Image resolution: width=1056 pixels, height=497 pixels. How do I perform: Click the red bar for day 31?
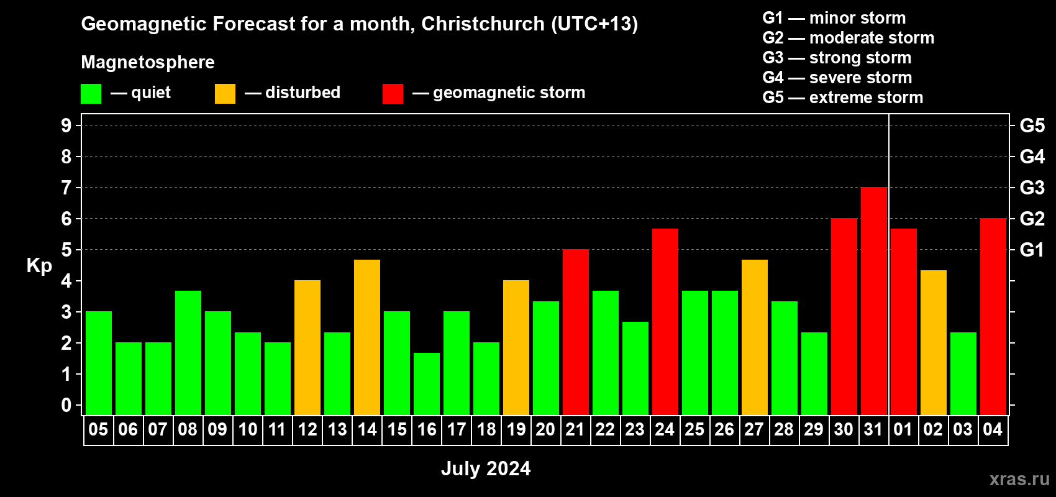(874, 301)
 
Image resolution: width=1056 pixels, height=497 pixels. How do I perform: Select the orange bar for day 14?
(367, 337)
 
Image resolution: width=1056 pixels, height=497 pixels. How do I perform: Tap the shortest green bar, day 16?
(427, 384)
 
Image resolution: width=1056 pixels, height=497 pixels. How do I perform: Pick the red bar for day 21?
(576, 332)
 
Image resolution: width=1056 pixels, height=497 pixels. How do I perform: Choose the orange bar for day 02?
(934, 342)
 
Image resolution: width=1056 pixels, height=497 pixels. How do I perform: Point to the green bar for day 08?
(188, 353)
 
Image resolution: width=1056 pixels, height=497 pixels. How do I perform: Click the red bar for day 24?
(665, 322)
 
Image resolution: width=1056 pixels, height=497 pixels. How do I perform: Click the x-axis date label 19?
(516, 429)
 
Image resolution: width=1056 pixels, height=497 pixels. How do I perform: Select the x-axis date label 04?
(993, 429)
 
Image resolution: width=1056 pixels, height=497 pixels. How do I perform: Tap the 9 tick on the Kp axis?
(66, 125)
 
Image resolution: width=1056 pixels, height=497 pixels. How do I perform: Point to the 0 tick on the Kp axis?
(66, 405)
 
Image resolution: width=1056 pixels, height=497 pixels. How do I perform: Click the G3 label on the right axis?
(1032, 188)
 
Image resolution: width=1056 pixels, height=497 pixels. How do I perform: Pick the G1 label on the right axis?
(1032, 250)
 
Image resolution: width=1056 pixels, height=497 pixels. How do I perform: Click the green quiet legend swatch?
(91, 93)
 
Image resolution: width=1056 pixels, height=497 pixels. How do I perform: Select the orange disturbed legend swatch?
(225, 93)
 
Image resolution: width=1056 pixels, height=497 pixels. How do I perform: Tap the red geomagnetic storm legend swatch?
(393, 93)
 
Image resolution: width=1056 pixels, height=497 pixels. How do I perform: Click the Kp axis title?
(39, 266)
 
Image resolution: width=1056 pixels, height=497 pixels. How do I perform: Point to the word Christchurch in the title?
(483, 24)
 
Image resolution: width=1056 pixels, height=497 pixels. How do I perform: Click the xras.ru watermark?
(1019, 479)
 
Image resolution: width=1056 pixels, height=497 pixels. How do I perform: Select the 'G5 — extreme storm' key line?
(843, 98)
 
